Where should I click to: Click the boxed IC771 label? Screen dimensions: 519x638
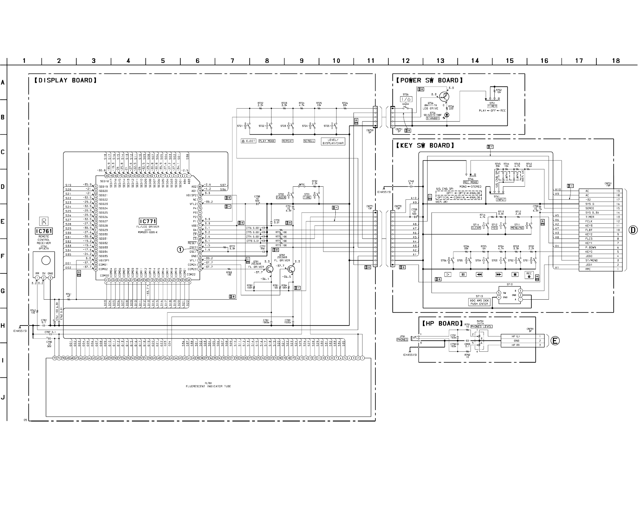pyautogui.click(x=148, y=221)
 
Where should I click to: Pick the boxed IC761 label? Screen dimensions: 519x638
pyautogui.click(x=44, y=231)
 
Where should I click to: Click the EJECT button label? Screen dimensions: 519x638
pyautogui.click(x=248, y=141)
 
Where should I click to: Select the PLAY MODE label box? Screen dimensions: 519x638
pyautogui.click(x=267, y=141)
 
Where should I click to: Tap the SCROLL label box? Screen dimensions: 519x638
pyautogui.click(x=309, y=141)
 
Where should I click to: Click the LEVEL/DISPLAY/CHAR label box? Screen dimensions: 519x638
pyautogui.click(x=333, y=142)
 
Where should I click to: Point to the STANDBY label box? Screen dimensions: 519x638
pyautogui.click(x=433, y=118)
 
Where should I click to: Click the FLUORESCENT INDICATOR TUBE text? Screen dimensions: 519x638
pyautogui.click(x=208, y=386)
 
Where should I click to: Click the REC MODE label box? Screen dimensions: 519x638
pyautogui.click(x=471, y=182)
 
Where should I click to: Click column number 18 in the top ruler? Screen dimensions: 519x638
pyautogui.click(x=616, y=61)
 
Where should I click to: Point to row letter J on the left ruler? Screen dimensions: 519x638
pyautogui.click(x=3, y=397)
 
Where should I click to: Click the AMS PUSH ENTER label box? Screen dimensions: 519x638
pyautogui.click(x=479, y=302)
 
